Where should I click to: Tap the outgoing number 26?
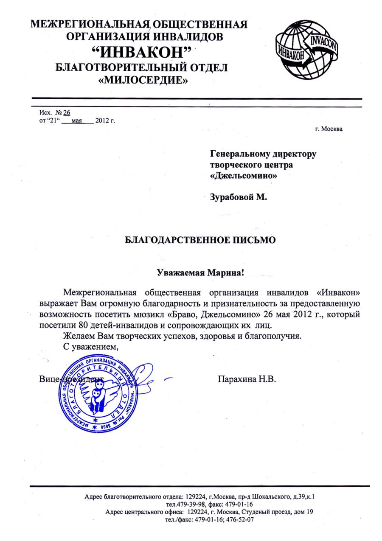tap(67, 112)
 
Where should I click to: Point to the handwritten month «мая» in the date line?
tap(77, 121)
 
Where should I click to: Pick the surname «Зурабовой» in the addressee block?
tap(232, 197)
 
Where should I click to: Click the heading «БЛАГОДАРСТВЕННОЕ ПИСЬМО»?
tap(200, 240)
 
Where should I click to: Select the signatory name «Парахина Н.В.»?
tap(247, 378)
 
